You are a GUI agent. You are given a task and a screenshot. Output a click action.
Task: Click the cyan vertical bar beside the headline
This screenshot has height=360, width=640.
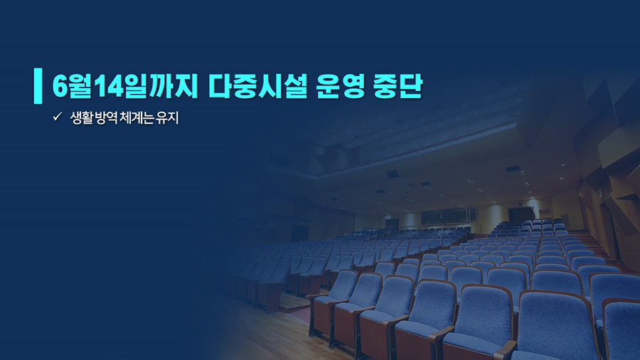pyautogui.click(x=38, y=85)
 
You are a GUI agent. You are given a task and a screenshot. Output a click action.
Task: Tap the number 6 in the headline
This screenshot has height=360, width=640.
pyautogui.click(x=60, y=86)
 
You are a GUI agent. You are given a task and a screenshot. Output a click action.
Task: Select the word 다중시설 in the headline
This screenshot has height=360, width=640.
pyautogui.click(x=257, y=86)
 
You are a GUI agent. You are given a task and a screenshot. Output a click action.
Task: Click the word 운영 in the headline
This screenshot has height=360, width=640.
pyautogui.click(x=341, y=86)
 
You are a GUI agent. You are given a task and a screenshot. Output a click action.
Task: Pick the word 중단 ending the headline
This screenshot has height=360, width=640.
pyautogui.click(x=398, y=86)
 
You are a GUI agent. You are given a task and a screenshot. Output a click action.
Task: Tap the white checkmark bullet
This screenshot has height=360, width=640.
pyautogui.click(x=57, y=117)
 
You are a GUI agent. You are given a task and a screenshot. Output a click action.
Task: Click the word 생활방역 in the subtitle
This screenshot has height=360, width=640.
pyautogui.click(x=94, y=118)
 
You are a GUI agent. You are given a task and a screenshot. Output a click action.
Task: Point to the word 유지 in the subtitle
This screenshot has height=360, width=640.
pyautogui.click(x=167, y=118)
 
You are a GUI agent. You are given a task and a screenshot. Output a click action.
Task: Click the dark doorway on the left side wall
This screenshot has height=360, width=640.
pyautogui.click(x=299, y=233)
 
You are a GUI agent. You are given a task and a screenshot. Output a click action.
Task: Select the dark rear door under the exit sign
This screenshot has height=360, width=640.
pyautogui.click(x=521, y=213)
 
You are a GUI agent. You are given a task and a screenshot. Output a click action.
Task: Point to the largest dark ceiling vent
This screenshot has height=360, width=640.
pyautogui.click(x=393, y=174)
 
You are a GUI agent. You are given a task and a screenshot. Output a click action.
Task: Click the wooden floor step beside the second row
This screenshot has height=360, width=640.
pyautogui.click(x=291, y=303)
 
